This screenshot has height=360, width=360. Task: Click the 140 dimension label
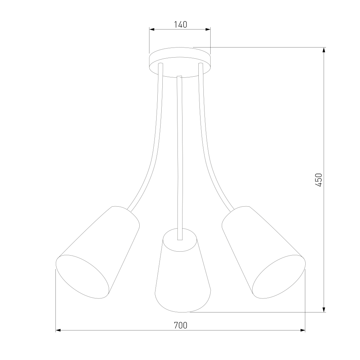click(180, 24)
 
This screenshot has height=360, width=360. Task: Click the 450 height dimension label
click(319, 180)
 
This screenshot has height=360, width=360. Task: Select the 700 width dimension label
click(180, 325)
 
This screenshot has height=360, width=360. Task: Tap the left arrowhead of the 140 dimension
click(152, 30)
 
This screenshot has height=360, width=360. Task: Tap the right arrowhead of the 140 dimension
click(208, 30)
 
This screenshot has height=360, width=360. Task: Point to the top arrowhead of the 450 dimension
click(324, 50)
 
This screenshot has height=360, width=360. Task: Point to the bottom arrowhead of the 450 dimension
click(324, 310)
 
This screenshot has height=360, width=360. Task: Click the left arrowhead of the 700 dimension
click(58, 330)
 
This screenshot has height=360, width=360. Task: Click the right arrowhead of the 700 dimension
click(303, 330)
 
